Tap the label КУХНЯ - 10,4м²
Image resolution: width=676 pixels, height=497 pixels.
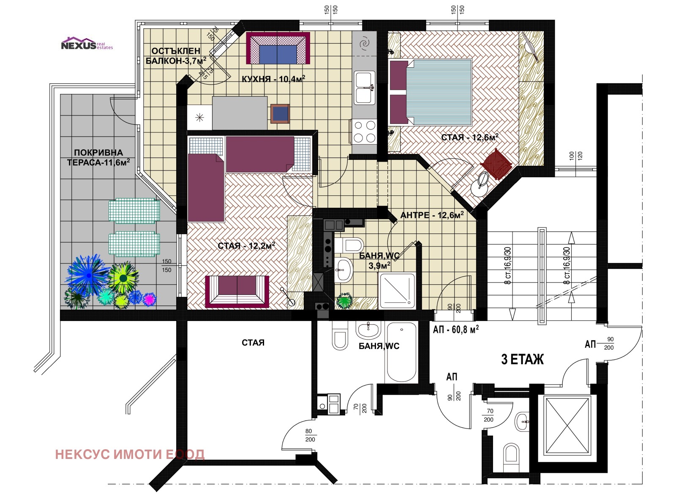273,79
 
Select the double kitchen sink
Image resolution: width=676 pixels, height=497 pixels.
364,88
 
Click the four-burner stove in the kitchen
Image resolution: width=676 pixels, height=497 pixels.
364,132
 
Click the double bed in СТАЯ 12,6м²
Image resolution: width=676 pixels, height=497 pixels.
431,92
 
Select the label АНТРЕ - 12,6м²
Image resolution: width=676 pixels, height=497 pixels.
432,215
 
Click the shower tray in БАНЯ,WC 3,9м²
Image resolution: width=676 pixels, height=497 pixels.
397,291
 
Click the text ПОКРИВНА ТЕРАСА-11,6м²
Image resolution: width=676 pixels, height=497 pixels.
98,157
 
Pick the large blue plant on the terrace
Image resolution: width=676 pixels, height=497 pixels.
89,275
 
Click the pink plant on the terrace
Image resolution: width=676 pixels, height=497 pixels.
149,299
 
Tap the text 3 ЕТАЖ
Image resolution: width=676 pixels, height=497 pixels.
522,360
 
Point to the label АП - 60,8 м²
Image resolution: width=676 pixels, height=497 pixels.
455,329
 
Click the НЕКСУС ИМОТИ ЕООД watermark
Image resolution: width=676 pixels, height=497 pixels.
130,454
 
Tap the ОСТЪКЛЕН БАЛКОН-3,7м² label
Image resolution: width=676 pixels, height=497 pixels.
176,56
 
